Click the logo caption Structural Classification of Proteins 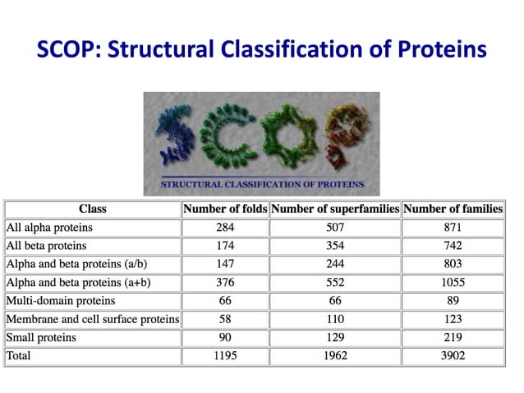(262, 184)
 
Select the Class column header (92, 209)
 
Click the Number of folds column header (224, 209)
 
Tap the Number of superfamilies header (334, 209)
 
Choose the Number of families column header (453, 209)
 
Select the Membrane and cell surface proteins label (92, 319)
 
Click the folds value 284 (224, 228)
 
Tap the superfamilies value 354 (334, 246)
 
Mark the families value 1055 (453, 282)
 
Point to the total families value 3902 (453, 356)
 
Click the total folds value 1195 (224, 356)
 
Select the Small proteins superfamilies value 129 (334, 338)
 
